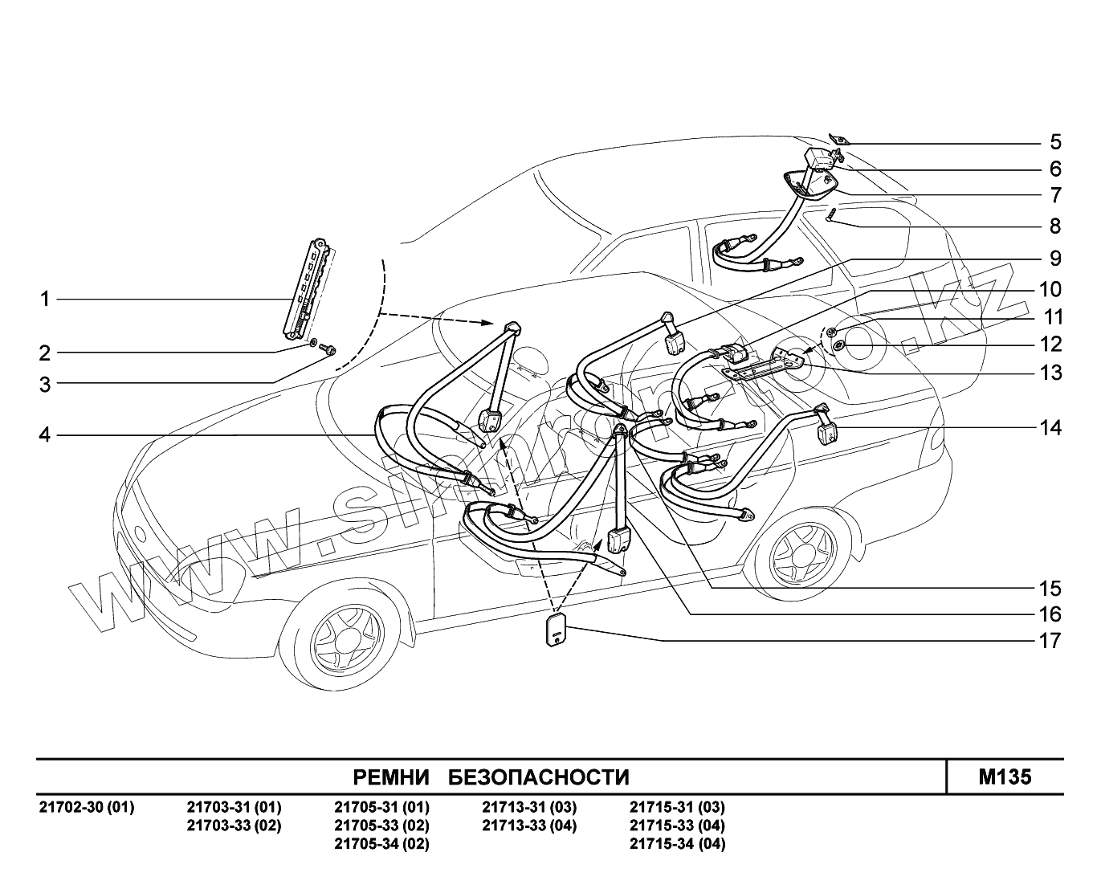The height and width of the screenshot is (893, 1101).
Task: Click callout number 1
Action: [x=45, y=300]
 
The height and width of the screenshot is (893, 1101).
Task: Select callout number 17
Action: [x=1050, y=641]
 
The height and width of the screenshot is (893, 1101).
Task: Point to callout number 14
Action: [x=1050, y=428]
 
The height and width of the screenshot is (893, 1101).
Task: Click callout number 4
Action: [x=45, y=435]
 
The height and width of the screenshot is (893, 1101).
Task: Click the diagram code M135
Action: [x=1005, y=777]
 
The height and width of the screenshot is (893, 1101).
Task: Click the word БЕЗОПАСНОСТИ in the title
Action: [x=538, y=777]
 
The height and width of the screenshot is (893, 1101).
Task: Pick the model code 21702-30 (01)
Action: [x=87, y=807]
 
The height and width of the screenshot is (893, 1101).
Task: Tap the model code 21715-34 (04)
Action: [x=677, y=844]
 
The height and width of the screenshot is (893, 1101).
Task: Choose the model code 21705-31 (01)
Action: [x=381, y=807]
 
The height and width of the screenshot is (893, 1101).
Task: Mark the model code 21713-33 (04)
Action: [x=529, y=826]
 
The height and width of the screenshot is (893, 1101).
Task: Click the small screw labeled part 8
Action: [x=831, y=214]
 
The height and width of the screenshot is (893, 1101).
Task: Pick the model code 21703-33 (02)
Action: [x=234, y=826]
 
